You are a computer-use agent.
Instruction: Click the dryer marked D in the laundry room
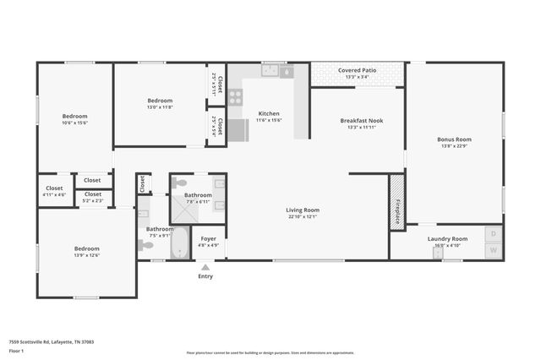click(493, 233)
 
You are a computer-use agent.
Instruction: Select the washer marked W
click(493, 250)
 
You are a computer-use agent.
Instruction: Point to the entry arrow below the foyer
click(205, 267)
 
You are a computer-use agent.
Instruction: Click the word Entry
click(205, 276)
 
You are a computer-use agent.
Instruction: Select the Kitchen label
click(269, 113)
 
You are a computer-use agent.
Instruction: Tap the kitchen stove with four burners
click(235, 97)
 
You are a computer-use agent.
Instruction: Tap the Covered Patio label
click(358, 70)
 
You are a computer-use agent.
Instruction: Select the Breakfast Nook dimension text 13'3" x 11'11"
click(362, 128)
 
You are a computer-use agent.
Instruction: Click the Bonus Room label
click(454, 139)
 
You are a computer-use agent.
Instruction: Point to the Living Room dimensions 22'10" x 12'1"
click(302, 217)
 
